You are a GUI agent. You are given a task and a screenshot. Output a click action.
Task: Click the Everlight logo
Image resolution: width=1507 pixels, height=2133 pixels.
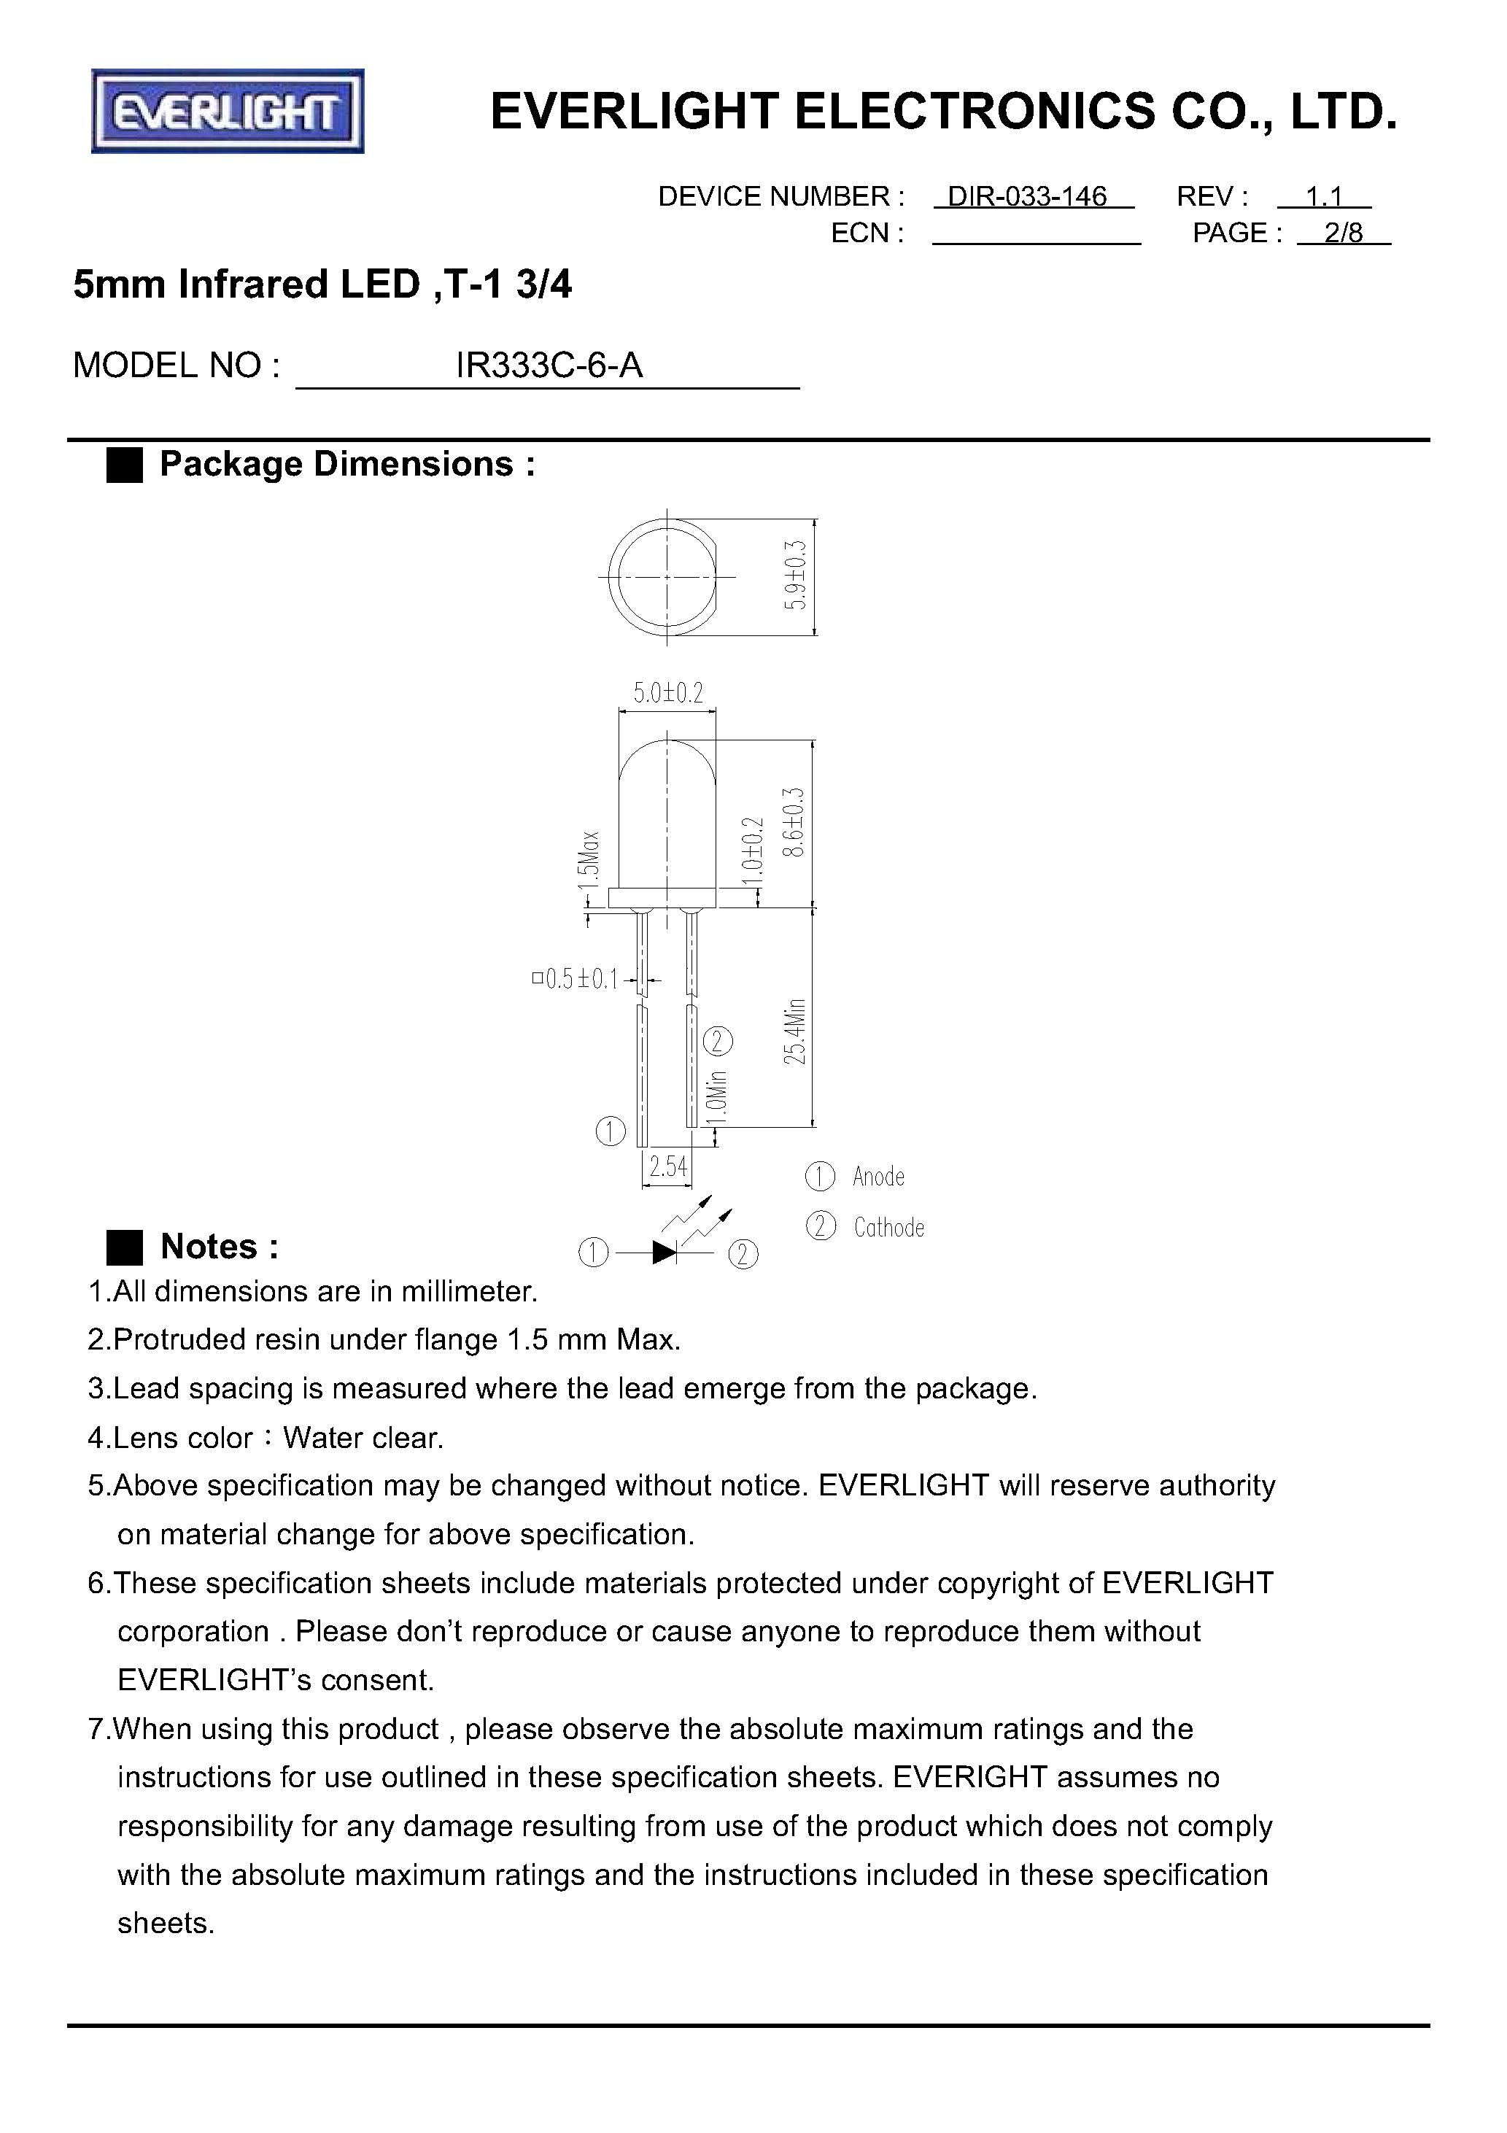coord(228,112)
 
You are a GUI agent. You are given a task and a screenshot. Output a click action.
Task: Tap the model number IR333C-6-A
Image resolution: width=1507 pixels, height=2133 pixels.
coord(549,366)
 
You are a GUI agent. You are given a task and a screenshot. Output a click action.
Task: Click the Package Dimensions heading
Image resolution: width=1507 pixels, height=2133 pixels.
coord(346,465)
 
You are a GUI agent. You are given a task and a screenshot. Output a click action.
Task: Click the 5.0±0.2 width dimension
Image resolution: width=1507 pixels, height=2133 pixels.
coord(668,693)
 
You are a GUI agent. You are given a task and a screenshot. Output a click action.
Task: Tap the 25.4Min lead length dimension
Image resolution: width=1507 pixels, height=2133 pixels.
coord(795,1031)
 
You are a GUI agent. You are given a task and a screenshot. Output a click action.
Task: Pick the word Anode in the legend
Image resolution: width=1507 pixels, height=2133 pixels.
coord(878,1177)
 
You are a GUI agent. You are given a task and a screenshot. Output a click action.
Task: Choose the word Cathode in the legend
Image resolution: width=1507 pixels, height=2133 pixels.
coord(889,1228)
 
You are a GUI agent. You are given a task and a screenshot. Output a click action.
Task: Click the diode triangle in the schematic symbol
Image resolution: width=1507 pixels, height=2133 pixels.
coord(665,1253)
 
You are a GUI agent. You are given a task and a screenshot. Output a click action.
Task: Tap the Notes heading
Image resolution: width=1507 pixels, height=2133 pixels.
coord(220,1247)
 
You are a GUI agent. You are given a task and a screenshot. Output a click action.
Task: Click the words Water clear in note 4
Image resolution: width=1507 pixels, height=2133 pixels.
coord(363,1438)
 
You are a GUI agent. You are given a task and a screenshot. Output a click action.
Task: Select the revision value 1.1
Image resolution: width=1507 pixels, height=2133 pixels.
coord(1324,197)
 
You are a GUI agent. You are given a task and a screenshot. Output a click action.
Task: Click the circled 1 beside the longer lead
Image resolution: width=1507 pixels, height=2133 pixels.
coord(611,1131)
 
